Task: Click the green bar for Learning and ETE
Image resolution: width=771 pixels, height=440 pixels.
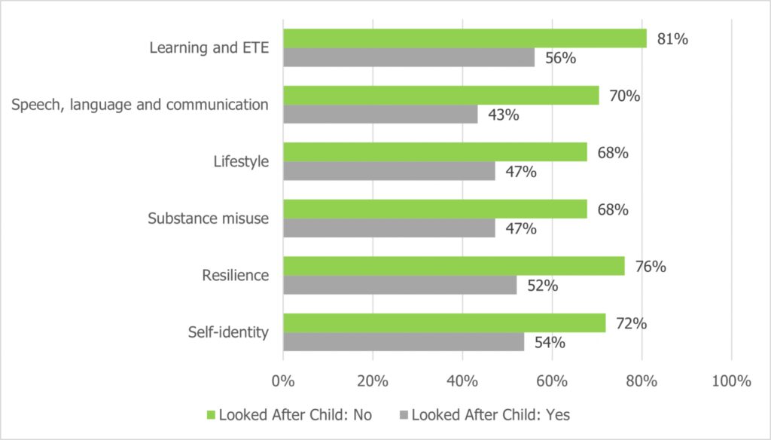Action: coord(465,38)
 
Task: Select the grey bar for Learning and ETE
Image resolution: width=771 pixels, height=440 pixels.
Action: coord(409,57)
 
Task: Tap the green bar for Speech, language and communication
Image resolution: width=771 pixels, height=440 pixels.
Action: coord(440,96)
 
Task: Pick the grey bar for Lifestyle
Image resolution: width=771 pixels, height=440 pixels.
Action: coord(389,171)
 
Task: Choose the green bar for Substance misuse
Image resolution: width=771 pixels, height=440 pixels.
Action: coord(434,209)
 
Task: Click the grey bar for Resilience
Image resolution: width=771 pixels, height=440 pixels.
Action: coord(400,285)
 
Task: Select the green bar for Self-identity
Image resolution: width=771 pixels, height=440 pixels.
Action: coord(443,322)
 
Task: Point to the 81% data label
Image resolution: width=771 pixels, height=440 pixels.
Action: coord(672,39)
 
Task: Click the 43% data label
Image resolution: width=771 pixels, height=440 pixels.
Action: coord(502,115)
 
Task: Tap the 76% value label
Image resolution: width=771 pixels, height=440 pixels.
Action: coord(650,267)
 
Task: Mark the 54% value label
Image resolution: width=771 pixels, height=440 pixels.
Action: coord(549,343)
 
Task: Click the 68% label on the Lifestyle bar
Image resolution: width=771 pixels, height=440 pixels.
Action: coord(612,153)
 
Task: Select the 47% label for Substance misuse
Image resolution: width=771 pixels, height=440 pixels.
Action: coord(520,229)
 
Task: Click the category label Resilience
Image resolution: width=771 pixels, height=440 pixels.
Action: coord(235,275)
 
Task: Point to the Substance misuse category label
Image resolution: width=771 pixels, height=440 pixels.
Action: coord(208,218)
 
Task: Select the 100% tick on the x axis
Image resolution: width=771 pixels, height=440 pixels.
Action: coord(730,381)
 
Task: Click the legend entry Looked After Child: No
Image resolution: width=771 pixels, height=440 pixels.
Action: coord(289,414)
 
